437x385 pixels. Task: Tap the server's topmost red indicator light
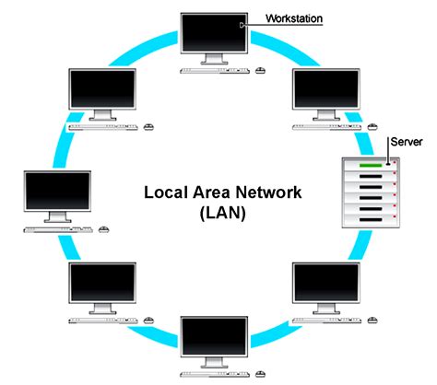(x=395, y=168)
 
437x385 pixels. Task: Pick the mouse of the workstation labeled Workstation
(x=259, y=70)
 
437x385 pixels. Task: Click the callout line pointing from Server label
(x=389, y=154)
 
